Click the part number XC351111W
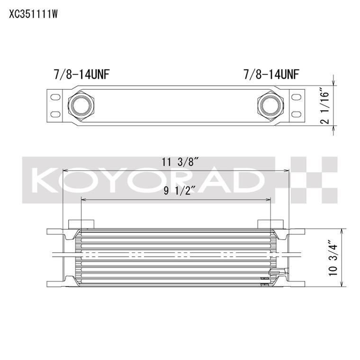tap(33, 15)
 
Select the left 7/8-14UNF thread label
tap(81, 75)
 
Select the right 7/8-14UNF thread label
tap(271, 75)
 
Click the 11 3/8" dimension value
tap(180, 162)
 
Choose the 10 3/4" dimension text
tap(333, 258)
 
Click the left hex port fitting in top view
tap(81, 106)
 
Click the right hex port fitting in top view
tap(270, 106)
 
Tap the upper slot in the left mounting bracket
tap(55, 97)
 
